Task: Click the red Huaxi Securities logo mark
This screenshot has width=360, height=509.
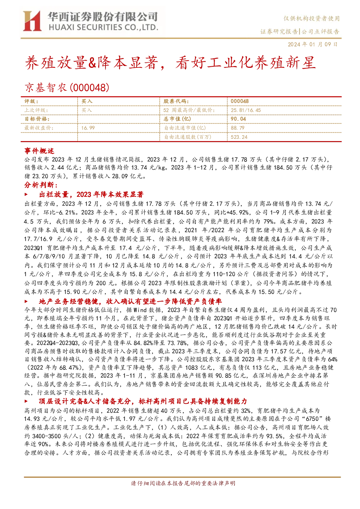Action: pyautogui.click(x=32, y=21)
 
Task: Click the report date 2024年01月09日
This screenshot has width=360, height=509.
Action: pyautogui.click(x=313, y=44)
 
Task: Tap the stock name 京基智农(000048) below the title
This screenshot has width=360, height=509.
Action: pyautogui.click(x=67, y=87)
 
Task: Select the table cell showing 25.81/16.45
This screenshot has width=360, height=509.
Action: pyautogui.click(x=246, y=110)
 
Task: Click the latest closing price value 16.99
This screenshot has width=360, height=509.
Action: pyautogui.click(x=88, y=128)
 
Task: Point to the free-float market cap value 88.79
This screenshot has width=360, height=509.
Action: pyautogui.click(x=237, y=128)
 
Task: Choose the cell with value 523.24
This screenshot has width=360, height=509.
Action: pyautogui.click(x=239, y=137)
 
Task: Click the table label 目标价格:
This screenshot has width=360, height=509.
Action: pyautogui.click(x=37, y=119)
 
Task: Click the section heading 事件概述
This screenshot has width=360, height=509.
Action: pyautogui.click(x=39, y=151)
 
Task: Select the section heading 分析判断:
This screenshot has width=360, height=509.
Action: pyautogui.click(x=41, y=185)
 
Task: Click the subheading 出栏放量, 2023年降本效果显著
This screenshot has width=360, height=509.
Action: pyautogui.click(x=91, y=194)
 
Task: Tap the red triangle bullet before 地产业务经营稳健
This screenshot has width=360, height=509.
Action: pyautogui.click(x=26, y=302)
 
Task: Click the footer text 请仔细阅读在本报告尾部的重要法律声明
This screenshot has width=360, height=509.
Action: pyautogui.click(x=183, y=483)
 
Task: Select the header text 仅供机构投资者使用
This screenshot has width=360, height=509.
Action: pyautogui.click(x=311, y=18)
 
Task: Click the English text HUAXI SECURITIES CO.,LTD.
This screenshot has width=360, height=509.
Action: pyautogui.click(x=104, y=28)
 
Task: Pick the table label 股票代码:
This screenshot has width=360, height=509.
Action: pyautogui.click(x=176, y=101)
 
